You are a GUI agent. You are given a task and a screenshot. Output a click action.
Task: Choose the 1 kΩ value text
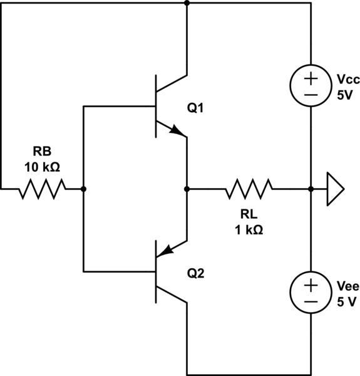249,229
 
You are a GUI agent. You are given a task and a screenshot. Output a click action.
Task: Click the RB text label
41,151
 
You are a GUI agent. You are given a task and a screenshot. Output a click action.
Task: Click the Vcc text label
343,81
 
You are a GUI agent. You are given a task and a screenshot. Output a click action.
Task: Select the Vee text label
343,286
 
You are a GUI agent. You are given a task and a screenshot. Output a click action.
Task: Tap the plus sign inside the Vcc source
311,80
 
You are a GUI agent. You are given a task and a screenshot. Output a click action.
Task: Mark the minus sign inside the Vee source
311,301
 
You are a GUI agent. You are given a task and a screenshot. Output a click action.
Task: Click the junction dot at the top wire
187,3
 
